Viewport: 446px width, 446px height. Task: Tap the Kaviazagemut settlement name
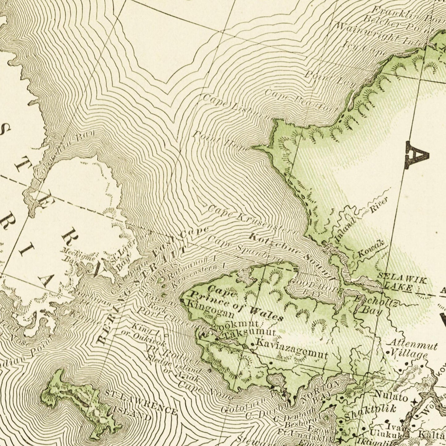(292, 348)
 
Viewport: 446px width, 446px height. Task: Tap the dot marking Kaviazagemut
(253, 344)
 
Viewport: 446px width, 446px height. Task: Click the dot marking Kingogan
(182, 300)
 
